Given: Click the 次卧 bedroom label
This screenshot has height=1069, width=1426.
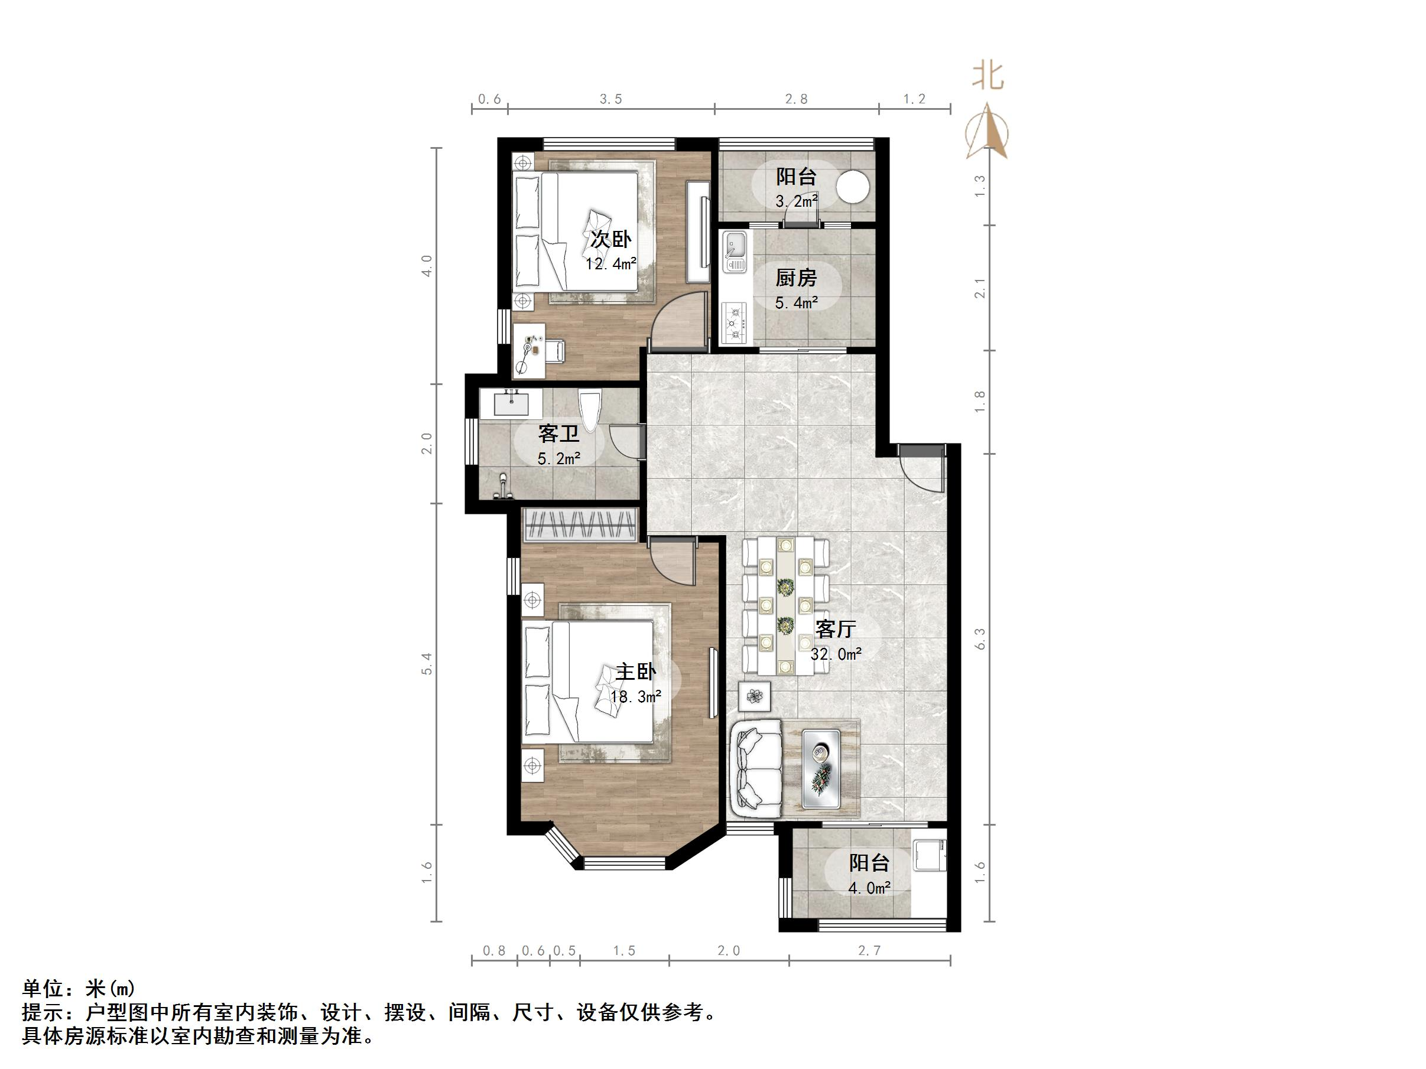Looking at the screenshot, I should [611, 239].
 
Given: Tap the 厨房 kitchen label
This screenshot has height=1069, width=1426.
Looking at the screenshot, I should [795, 278].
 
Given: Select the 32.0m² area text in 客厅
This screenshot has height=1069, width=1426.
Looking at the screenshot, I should [836, 654].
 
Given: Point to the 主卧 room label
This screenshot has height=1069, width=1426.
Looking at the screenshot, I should [635, 672].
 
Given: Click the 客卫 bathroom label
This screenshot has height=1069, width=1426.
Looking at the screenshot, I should [558, 434].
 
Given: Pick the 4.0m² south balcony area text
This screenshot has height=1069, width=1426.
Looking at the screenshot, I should [869, 888].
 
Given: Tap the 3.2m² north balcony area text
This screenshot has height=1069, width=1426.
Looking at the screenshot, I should [796, 201].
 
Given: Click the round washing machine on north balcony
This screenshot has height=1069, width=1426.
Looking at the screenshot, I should [852, 186].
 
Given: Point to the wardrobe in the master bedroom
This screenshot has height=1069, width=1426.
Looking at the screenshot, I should [580, 524].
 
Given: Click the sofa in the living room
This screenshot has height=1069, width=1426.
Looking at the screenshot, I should [755, 768].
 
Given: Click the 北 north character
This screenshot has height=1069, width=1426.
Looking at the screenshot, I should [987, 77].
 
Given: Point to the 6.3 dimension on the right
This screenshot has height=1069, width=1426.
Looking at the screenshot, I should [980, 639].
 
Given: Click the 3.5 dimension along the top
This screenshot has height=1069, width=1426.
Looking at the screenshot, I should [610, 99].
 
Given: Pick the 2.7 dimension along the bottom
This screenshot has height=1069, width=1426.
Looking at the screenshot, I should [869, 950].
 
